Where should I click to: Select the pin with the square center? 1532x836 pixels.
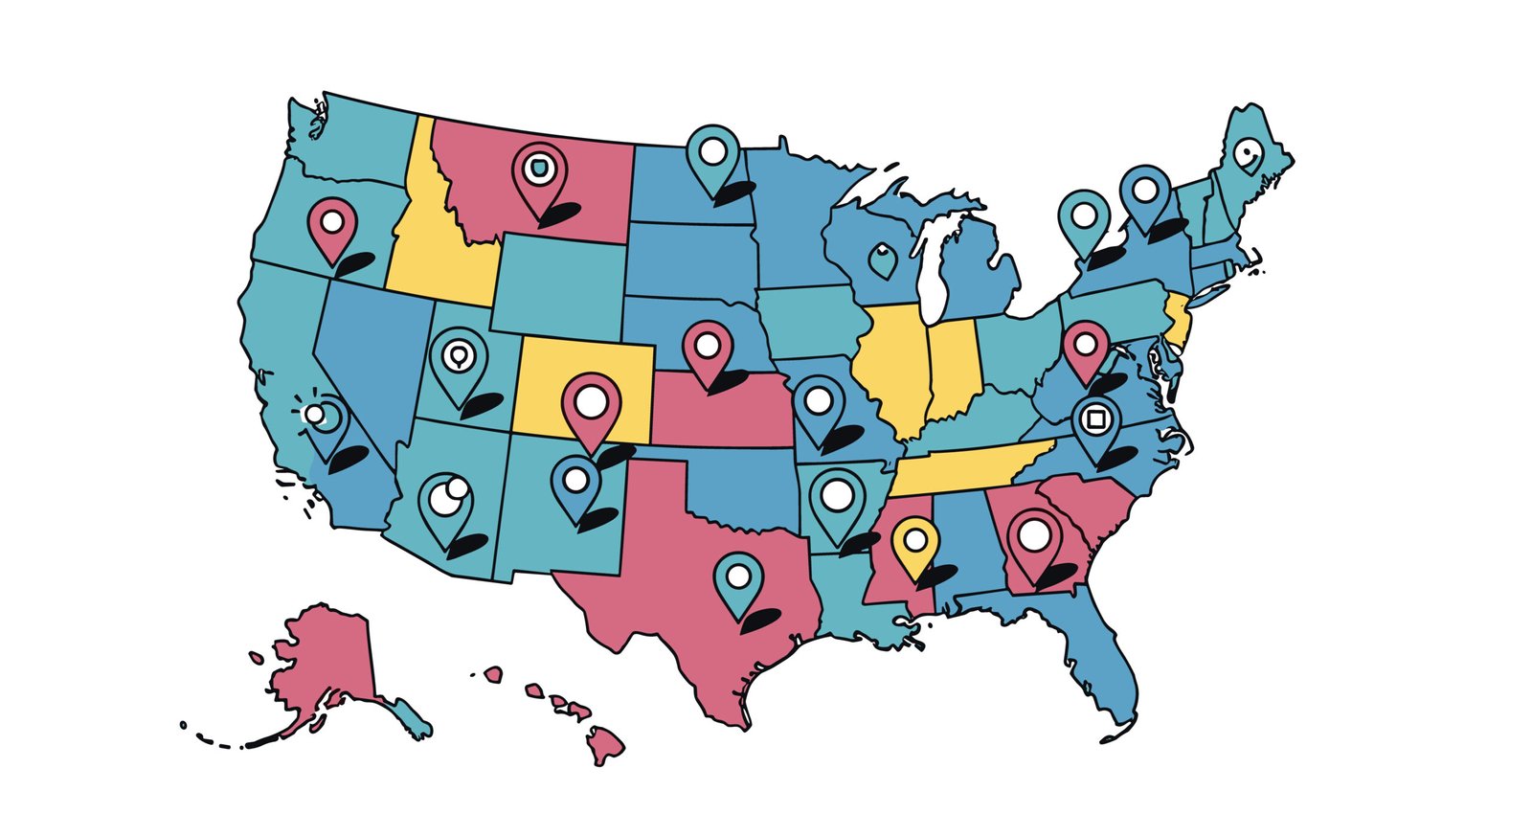click(1096, 420)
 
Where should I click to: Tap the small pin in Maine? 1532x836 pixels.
click(1248, 154)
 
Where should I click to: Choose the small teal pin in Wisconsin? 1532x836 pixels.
click(882, 259)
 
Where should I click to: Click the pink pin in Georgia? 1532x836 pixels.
click(1034, 537)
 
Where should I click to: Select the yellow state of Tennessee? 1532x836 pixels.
click(967, 464)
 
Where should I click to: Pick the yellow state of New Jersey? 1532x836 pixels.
click(1177, 321)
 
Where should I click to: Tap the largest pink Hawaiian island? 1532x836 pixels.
click(605, 743)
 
